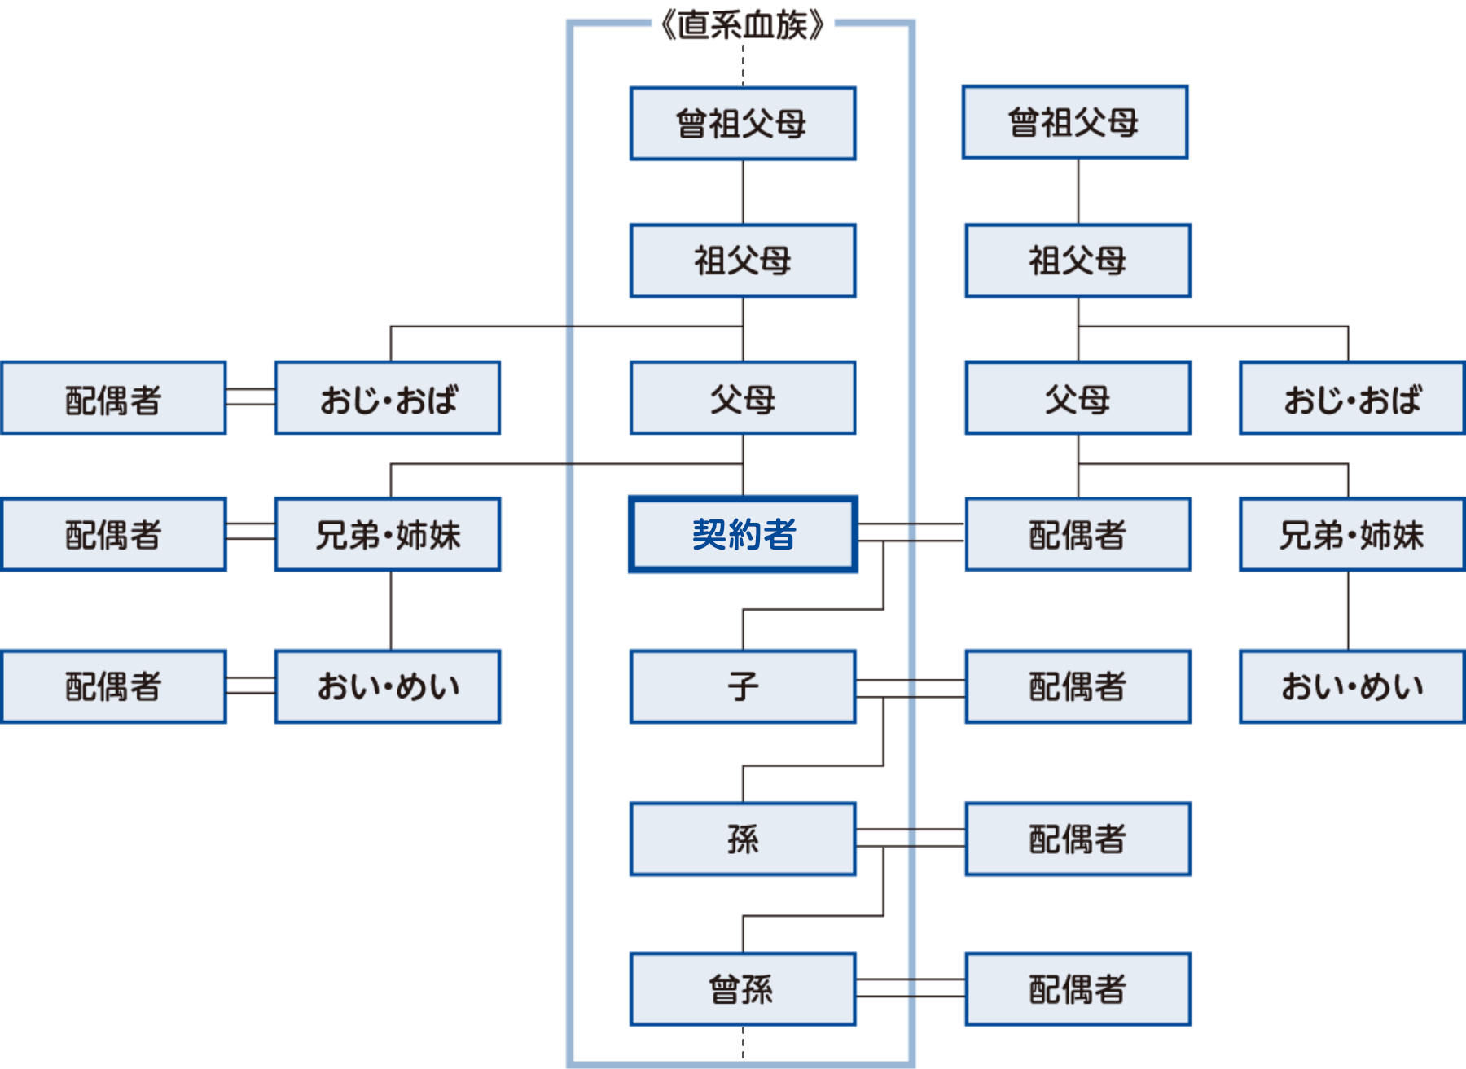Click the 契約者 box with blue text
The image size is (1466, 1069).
(x=743, y=535)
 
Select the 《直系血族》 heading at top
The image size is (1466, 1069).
(x=742, y=25)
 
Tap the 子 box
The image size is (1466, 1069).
(x=743, y=686)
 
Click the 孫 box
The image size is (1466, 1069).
(x=743, y=839)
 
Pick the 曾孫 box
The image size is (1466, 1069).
(x=743, y=989)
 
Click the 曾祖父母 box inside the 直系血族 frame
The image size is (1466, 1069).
(x=743, y=124)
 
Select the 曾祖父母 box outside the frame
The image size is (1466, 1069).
(x=1074, y=122)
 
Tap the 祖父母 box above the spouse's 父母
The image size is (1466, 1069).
(x=1078, y=261)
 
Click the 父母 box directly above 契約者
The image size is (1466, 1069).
(x=743, y=398)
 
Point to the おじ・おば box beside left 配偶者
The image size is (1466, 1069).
(x=388, y=398)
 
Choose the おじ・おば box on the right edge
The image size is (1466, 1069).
(x=1352, y=398)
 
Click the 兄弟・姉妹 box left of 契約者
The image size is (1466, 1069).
(x=388, y=535)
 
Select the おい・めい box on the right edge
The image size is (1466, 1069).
(x=1352, y=686)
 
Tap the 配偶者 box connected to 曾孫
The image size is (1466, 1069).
(x=1078, y=989)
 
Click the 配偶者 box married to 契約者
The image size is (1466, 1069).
(x=1078, y=535)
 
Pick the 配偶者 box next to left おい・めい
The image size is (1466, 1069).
(x=113, y=686)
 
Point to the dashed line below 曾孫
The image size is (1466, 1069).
(x=743, y=1042)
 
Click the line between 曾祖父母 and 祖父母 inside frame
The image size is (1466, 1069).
(x=743, y=192)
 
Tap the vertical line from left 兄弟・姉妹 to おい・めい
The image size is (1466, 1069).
(x=391, y=610)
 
